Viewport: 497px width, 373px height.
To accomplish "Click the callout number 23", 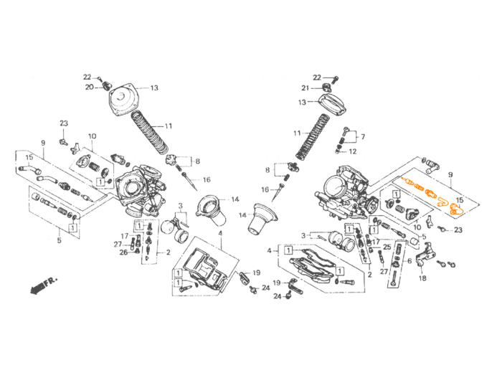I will pos(63,123).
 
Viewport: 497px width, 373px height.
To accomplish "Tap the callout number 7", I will pos(363,136).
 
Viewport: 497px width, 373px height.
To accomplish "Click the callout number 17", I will pos(124,236).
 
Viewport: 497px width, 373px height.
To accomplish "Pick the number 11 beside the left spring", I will pos(169,126).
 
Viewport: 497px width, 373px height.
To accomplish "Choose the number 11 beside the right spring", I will pos(296,133).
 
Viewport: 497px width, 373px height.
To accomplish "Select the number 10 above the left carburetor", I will pos(93,136).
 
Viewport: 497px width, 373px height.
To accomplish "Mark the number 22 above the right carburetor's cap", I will pos(316,77).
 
